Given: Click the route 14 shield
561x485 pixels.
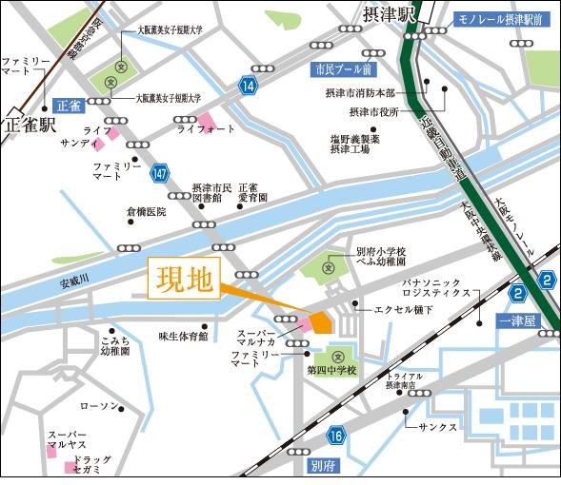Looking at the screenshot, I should point(249,87).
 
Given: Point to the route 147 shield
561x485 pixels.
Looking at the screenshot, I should point(161,171).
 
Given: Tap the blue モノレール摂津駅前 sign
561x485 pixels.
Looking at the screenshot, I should point(504,18).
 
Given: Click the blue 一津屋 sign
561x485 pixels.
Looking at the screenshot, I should point(519,320).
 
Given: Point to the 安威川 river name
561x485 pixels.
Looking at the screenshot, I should point(72,281).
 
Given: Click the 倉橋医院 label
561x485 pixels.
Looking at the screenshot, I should point(146,211).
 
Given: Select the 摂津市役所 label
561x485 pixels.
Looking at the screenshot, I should point(359,112).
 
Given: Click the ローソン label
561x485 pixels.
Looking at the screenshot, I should point(99,406).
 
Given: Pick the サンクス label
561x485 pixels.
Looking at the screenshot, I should point(437,427).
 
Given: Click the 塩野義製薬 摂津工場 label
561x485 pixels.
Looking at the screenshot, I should point(354,144).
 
